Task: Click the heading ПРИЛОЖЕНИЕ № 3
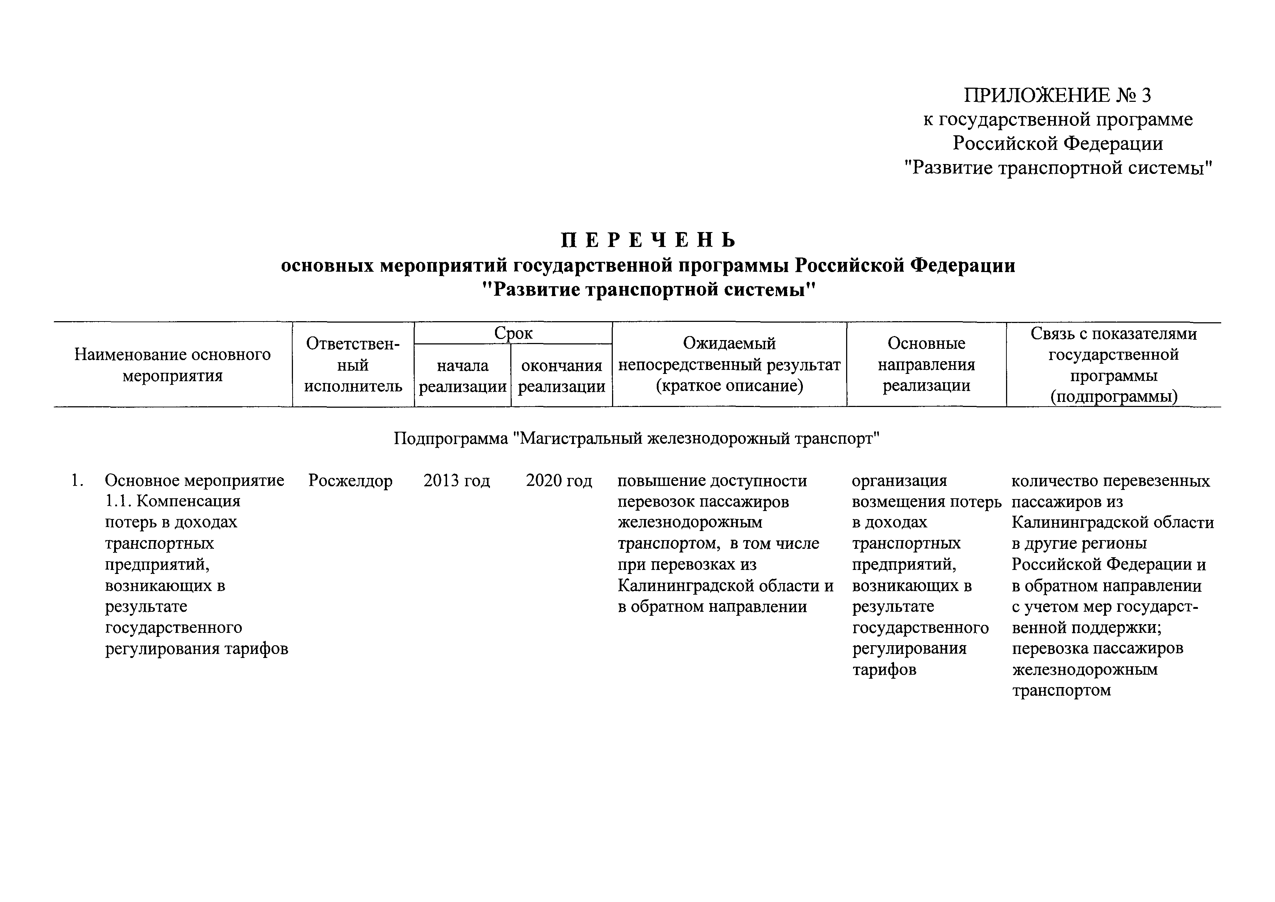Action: tap(1057, 96)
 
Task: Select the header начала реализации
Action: tap(463, 376)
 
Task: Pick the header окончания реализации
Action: tap(562, 376)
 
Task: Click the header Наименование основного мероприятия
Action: tap(173, 365)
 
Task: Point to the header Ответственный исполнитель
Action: tap(353, 365)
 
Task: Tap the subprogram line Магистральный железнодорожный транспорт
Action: tap(637, 439)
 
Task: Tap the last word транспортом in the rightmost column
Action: tap(1061, 691)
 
